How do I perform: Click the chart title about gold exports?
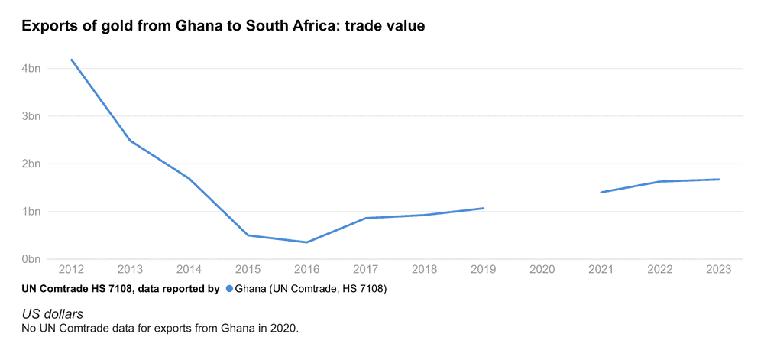(x=222, y=26)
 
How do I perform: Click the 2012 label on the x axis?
(x=71, y=269)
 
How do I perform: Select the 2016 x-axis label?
(x=306, y=269)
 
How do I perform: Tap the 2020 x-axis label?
(x=542, y=269)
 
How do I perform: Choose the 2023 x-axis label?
(x=719, y=269)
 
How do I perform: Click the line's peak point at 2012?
(x=71, y=60)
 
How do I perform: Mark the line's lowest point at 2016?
(x=306, y=242)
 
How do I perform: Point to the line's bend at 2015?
(x=248, y=235)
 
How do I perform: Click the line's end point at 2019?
(x=484, y=208)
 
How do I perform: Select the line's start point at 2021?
(x=601, y=192)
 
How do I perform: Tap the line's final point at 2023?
(x=719, y=180)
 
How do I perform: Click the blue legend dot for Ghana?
(x=228, y=289)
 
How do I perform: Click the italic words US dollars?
(x=53, y=314)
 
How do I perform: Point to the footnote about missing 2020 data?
(x=160, y=328)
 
